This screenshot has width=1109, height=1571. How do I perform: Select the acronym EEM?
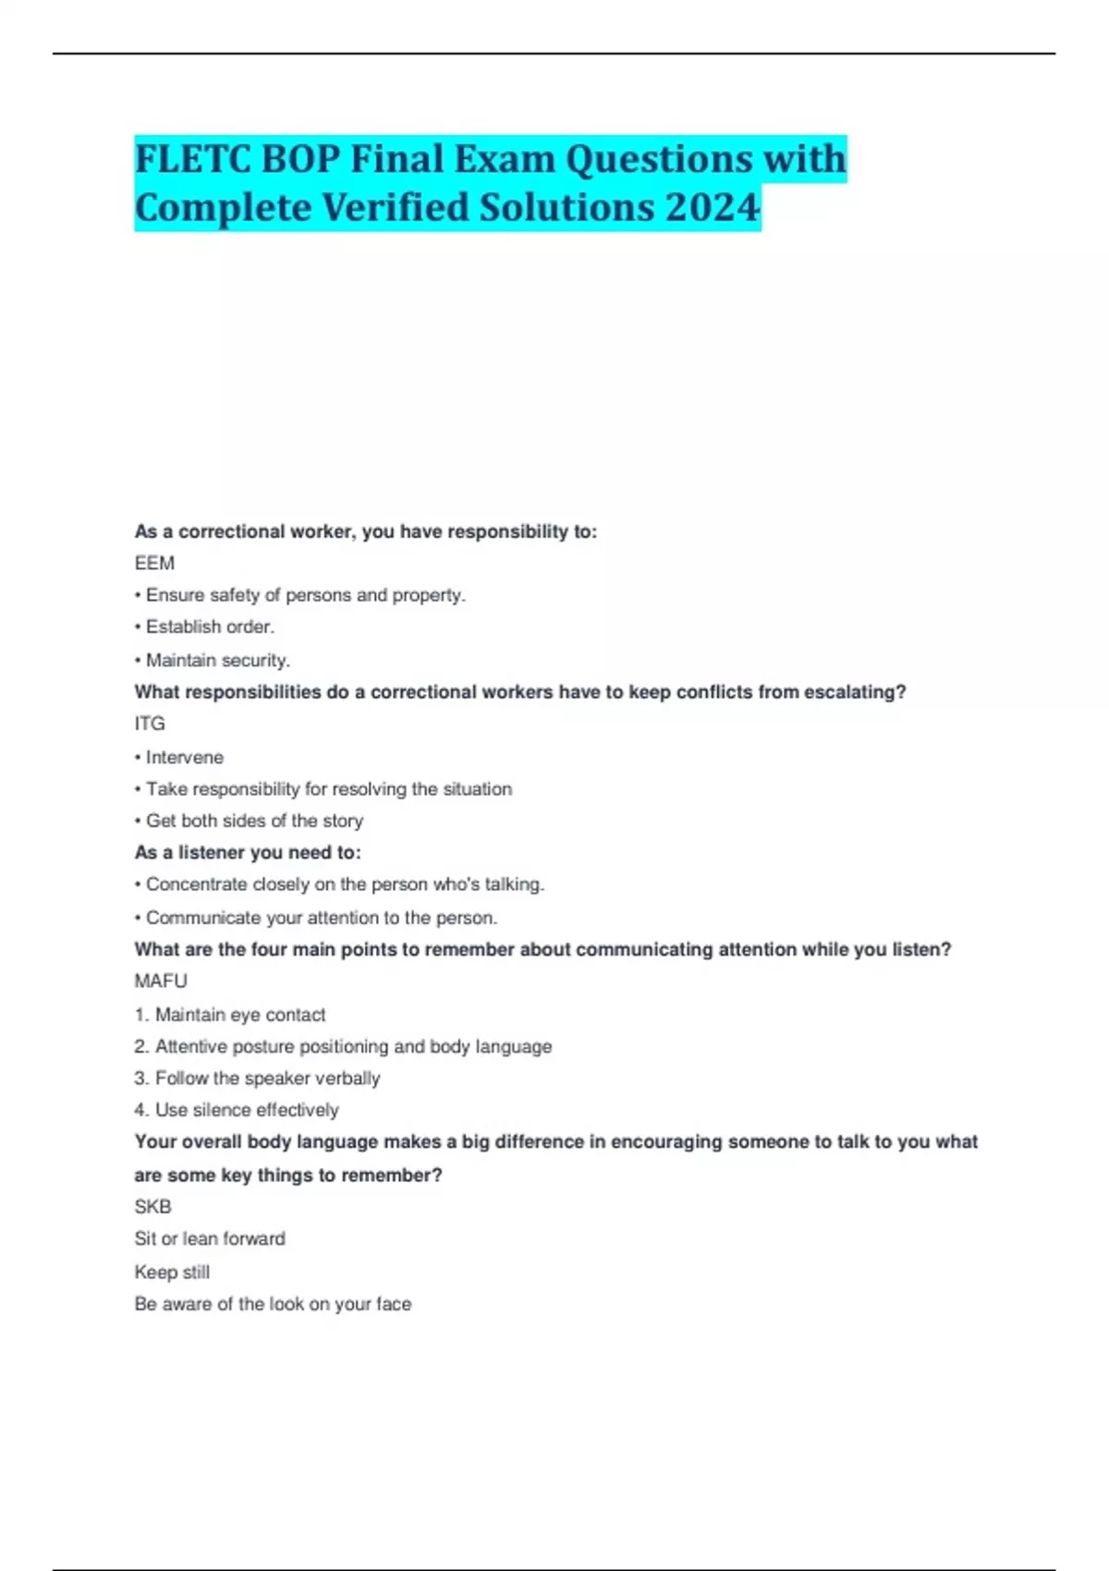(154, 563)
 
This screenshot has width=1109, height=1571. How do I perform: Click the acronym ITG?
(150, 724)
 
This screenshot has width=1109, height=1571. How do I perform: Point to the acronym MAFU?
(161, 980)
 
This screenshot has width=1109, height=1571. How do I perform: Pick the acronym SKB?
(152, 1207)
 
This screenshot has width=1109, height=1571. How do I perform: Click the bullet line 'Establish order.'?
(210, 627)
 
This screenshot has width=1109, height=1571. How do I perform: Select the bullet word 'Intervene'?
(184, 757)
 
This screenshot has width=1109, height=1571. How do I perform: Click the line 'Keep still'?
(172, 1272)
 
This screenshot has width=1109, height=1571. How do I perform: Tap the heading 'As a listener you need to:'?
(248, 852)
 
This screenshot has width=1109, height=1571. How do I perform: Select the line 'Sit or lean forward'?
(210, 1238)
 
